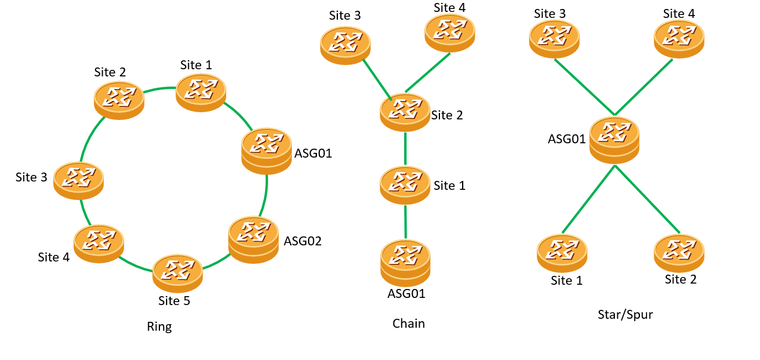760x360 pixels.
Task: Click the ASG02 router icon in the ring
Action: pyautogui.click(x=253, y=239)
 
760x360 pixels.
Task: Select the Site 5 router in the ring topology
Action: pyautogui.click(x=177, y=273)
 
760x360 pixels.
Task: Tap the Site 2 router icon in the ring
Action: pyautogui.click(x=119, y=100)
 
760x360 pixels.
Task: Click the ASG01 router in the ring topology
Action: pyautogui.click(x=266, y=150)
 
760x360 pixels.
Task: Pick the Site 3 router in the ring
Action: pyautogui.click(x=78, y=180)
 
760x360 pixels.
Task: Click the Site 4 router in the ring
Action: pyautogui.click(x=99, y=243)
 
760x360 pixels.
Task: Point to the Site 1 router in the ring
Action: pyautogui.click(x=201, y=93)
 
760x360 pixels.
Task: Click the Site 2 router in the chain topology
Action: pyautogui.click(x=405, y=112)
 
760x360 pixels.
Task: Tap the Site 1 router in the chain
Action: pyautogui.click(x=405, y=185)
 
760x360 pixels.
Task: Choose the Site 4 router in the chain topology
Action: pyautogui.click(x=450, y=33)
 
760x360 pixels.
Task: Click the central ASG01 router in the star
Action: pyautogui.click(x=614, y=139)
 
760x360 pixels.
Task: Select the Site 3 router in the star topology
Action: pyautogui.click(x=554, y=39)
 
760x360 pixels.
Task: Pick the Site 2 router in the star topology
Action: pyautogui.click(x=679, y=253)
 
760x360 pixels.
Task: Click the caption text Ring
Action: pyautogui.click(x=159, y=327)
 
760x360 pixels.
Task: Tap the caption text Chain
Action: pyautogui.click(x=408, y=324)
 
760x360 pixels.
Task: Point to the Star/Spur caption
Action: pyautogui.click(x=625, y=314)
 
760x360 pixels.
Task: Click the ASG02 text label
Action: pyautogui.click(x=303, y=241)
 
